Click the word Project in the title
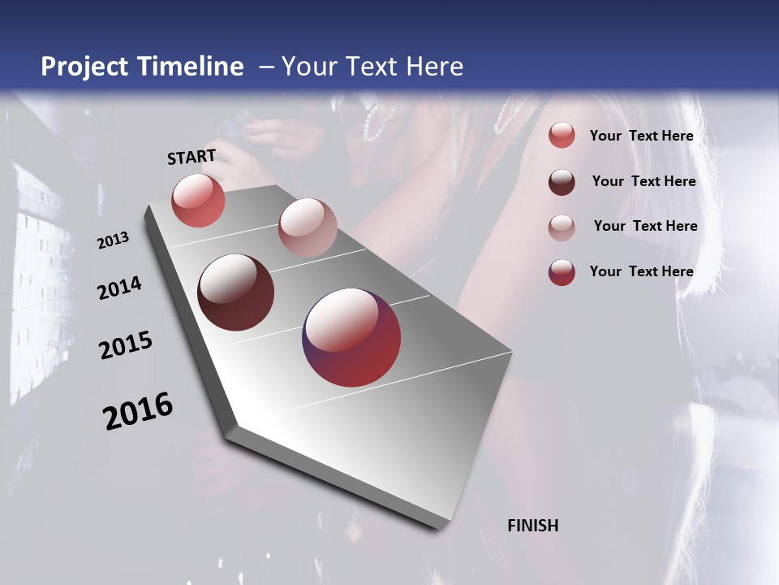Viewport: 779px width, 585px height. (84, 67)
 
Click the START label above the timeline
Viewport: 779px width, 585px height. (192, 157)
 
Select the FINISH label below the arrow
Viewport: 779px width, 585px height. (532, 526)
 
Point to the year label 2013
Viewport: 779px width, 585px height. (114, 240)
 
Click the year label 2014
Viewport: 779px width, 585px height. (119, 288)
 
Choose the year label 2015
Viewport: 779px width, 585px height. (126, 345)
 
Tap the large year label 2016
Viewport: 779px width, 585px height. (138, 411)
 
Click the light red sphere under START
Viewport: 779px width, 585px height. (198, 201)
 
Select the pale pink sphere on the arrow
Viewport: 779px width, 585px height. (308, 227)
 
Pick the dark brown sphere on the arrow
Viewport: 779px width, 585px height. (236, 292)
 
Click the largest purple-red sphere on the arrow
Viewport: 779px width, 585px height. (351, 337)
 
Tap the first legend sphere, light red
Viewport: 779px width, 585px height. (562, 136)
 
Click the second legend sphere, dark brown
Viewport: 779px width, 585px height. (562, 182)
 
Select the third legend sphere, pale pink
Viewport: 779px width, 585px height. (562, 227)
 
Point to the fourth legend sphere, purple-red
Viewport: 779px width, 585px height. (562, 272)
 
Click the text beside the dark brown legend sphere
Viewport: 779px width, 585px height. (643, 181)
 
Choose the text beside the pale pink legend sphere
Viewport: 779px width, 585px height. (645, 226)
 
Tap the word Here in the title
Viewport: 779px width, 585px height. (435, 67)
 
